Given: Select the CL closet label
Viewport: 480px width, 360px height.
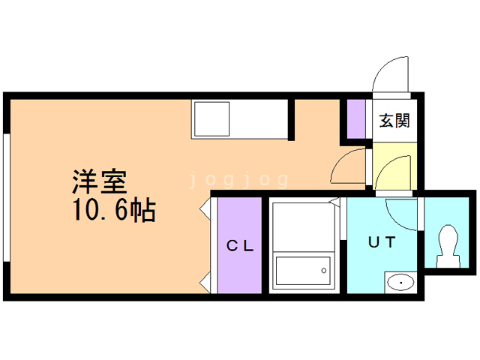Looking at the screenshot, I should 238,244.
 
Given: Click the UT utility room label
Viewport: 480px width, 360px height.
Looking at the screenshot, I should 381,242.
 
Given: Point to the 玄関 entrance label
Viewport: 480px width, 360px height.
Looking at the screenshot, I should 394,121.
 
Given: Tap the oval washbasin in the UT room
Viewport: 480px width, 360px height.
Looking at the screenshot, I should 401,283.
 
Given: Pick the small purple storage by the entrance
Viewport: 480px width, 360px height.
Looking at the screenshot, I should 354,120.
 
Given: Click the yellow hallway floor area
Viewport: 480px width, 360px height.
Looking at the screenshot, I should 393,165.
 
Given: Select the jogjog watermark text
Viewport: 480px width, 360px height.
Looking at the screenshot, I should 238,179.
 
